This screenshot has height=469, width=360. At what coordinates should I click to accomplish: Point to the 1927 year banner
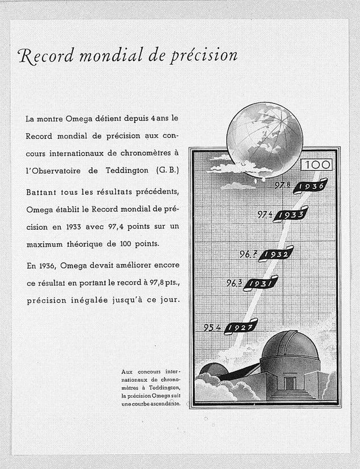(x=239, y=327)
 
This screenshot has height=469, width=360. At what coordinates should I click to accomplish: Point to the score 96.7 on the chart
(x=248, y=253)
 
